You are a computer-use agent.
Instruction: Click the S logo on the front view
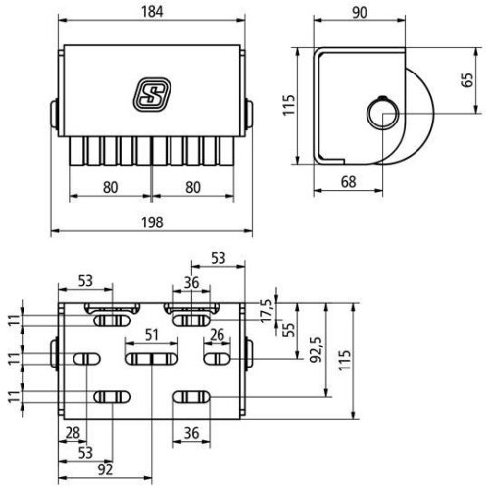click(x=152, y=94)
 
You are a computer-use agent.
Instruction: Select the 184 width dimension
click(x=151, y=13)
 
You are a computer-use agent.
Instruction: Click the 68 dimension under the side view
click(x=349, y=179)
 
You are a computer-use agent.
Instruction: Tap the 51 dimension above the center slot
click(x=152, y=335)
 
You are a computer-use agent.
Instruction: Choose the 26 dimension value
click(x=217, y=335)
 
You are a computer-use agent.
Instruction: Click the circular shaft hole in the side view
click(x=380, y=115)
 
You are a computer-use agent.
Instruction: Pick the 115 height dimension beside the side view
click(x=288, y=106)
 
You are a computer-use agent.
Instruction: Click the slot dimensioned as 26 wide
click(x=217, y=360)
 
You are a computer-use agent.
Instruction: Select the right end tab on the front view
click(x=249, y=112)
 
